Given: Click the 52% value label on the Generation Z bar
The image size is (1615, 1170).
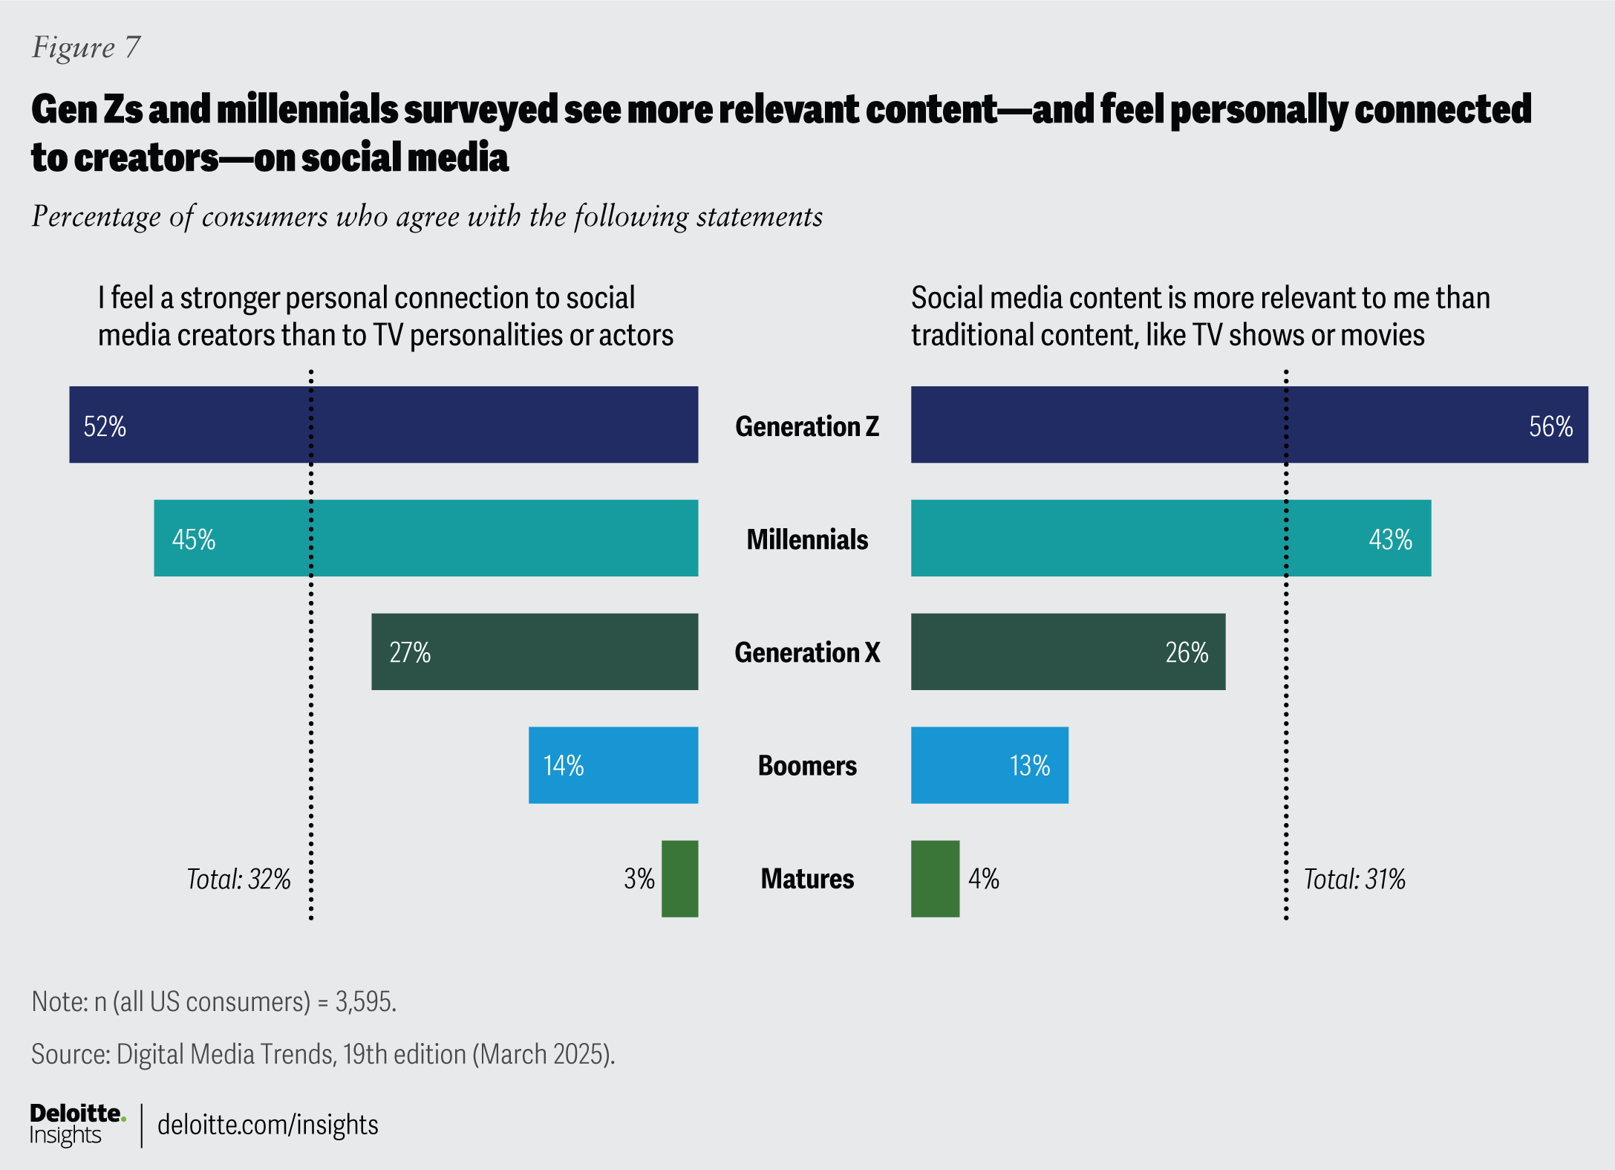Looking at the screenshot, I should point(105,426).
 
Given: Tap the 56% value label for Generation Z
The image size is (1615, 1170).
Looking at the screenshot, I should point(1550,426).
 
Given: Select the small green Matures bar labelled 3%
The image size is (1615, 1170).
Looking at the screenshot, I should point(679,879).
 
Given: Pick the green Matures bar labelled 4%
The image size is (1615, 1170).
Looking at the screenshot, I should point(935,879).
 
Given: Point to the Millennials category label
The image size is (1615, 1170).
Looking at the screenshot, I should point(807,539).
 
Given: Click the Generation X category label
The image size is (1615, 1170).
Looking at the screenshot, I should point(807,652).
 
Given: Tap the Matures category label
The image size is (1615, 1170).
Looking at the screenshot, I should point(807,879).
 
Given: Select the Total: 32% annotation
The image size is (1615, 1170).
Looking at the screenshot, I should point(238,880).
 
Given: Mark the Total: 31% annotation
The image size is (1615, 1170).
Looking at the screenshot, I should point(1354,880).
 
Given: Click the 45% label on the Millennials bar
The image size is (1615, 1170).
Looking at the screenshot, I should point(194,539).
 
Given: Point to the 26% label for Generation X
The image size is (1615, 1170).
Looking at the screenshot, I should point(1187,652).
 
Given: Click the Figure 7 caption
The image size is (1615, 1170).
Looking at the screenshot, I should point(86,48).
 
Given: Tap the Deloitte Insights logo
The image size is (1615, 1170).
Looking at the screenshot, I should point(76,1124).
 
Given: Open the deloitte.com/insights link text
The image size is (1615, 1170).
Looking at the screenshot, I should point(268,1125).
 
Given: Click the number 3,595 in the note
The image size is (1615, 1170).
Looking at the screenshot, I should point(364,1002).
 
